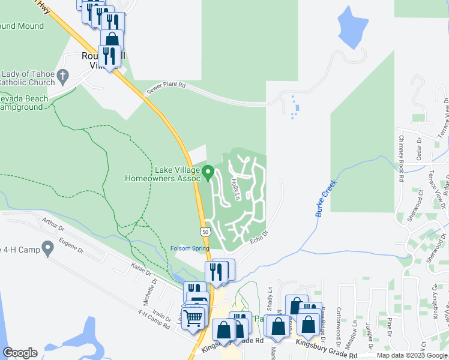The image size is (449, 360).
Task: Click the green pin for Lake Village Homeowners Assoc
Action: pyautogui.click(x=208, y=172)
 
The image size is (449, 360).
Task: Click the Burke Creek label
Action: pyautogui.click(x=326, y=198)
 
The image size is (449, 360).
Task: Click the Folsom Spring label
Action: pyautogui.click(x=190, y=248)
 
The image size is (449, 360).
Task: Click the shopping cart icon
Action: pyautogui.click(x=193, y=317)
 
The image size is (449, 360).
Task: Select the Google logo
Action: pyautogui.click(x=20, y=353)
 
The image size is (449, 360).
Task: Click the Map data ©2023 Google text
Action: pyautogui.click(x=412, y=355)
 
